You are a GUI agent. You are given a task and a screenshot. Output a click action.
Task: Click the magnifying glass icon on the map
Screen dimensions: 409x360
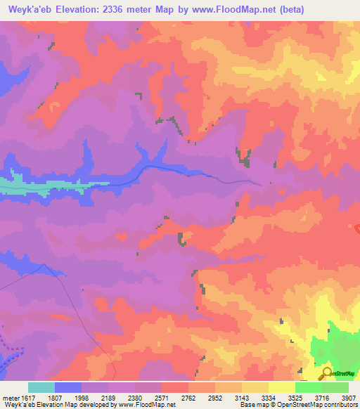click(326, 373)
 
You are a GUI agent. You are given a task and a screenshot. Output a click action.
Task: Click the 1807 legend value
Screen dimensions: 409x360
click(55, 397)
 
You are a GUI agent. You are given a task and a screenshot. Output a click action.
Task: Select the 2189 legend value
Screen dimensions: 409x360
click(108, 397)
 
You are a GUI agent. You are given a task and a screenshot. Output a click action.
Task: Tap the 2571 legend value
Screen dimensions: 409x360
click(162, 397)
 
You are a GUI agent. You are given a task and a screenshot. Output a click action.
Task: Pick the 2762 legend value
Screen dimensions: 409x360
click(188, 397)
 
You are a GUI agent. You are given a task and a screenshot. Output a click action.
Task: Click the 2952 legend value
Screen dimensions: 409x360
click(215, 397)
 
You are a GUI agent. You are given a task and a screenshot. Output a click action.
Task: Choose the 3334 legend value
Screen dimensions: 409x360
click(269, 397)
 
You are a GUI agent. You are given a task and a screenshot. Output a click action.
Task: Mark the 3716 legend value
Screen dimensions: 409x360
click(322, 397)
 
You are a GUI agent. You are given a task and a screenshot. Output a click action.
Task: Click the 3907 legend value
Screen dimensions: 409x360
click(349, 397)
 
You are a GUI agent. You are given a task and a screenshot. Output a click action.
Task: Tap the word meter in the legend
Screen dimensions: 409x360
click(9, 397)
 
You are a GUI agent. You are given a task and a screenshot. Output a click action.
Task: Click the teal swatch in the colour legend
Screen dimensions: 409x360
click(41, 387)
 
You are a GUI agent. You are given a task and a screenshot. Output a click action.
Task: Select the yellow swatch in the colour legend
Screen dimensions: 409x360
click(281, 387)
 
